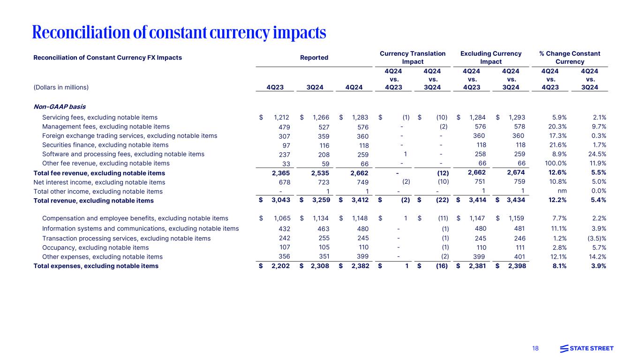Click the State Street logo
(587, 348)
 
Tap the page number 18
(535, 348)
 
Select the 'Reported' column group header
(314, 58)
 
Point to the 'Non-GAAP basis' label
(60, 106)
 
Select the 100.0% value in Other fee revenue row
(556, 164)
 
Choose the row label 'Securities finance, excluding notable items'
(105, 145)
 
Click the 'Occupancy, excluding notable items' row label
(95, 247)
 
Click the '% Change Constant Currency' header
(570, 58)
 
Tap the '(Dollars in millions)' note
(61, 87)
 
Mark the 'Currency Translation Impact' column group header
(413, 58)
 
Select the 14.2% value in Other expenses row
(597, 257)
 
